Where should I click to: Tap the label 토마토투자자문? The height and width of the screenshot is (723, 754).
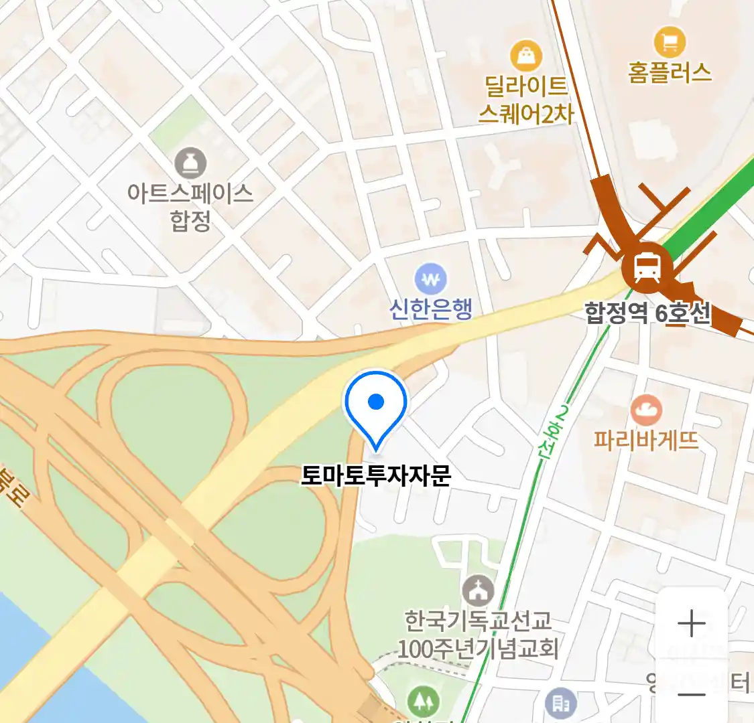pos(376,475)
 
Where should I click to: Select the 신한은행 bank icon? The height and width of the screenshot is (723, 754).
pos(430,278)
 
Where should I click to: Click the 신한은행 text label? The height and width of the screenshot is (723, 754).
pos(431,309)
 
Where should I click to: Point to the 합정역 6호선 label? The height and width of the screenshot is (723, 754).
pos(647,313)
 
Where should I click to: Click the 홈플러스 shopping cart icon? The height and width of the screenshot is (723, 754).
pos(669,42)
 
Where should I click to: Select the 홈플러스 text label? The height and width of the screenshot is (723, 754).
pos(669,72)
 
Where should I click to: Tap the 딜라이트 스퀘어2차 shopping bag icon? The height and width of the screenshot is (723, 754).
pos(526,56)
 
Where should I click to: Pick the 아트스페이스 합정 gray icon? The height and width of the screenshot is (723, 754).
pos(190,163)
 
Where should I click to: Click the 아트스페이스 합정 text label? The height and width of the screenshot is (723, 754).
pos(190,206)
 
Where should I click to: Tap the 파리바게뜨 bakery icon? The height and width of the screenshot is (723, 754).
pos(646,410)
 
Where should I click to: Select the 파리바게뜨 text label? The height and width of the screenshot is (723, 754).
pos(646,440)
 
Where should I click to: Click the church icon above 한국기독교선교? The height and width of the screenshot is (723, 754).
pos(478,591)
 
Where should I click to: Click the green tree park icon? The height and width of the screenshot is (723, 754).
pos(424,702)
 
